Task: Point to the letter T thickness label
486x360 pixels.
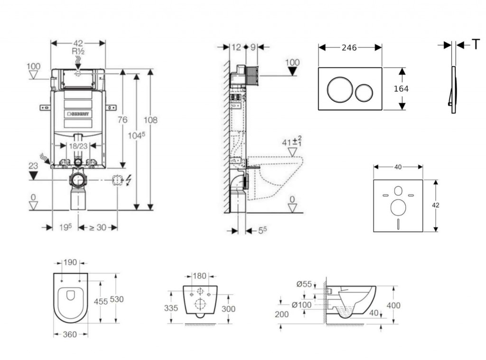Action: pyautogui.click(x=475, y=45)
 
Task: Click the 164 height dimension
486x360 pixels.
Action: pyautogui.click(x=401, y=89)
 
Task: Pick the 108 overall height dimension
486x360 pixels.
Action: pyautogui.click(x=150, y=120)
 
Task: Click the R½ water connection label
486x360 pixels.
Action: pyautogui.click(x=78, y=51)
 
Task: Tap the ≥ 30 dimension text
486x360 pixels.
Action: pyautogui.click(x=97, y=227)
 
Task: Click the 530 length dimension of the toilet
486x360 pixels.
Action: pyautogui.click(x=117, y=299)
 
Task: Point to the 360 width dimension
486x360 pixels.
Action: pyautogui.click(x=70, y=334)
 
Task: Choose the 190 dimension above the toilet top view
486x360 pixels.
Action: pyautogui.click(x=70, y=262)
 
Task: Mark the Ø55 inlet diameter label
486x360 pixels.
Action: pyautogui.click(x=304, y=284)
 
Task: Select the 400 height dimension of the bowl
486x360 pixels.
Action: pyautogui.click(x=393, y=305)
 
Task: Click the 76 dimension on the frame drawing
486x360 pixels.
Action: pyautogui.click(x=122, y=120)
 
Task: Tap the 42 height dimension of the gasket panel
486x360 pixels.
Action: pyautogui.click(x=436, y=205)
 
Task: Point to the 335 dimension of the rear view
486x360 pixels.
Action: pyautogui.click(x=172, y=308)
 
